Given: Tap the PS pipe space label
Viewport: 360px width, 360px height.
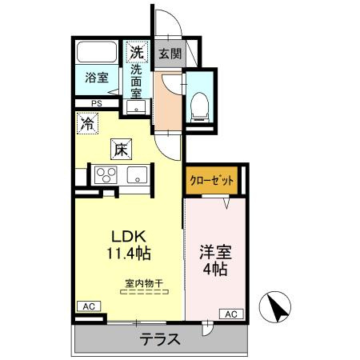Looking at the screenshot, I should [96, 103].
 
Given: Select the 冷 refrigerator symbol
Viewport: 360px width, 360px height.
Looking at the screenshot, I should [88, 124].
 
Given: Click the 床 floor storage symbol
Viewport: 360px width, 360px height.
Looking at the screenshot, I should [120, 149].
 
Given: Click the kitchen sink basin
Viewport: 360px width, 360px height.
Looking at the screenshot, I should [134, 174].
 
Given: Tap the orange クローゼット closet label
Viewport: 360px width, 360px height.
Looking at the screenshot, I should [212, 181].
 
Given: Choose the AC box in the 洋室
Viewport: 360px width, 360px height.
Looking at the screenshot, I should [230, 314].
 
